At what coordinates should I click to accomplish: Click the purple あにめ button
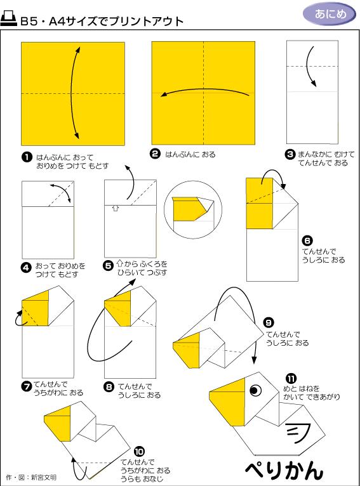pos(326,14)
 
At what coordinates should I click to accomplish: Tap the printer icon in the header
pos(10,20)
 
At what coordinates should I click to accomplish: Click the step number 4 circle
pos(27,267)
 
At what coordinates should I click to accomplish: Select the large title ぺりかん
pos(284,470)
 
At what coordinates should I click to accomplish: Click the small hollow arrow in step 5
pos(116,207)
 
